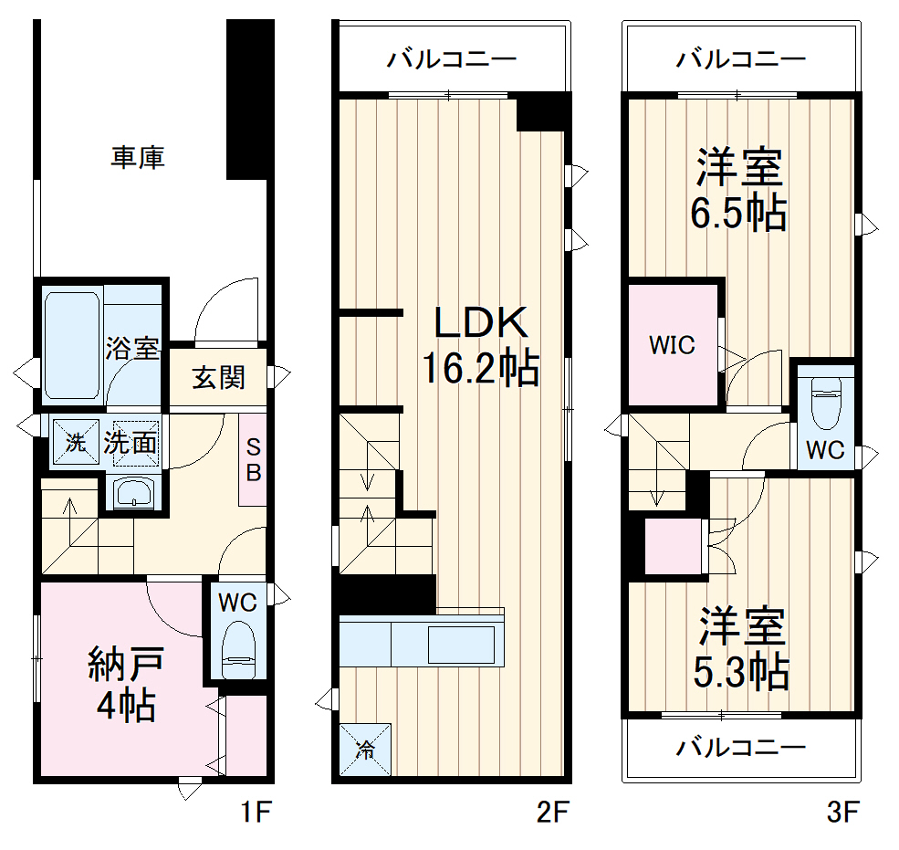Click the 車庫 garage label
pyautogui.click(x=138, y=158)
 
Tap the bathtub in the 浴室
pyautogui.click(x=71, y=345)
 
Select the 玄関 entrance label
pyautogui.click(x=219, y=378)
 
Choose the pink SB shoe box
pyautogui.click(x=253, y=460)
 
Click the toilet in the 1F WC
pyautogui.click(x=239, y=646)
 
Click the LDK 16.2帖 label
pyautogui.click(x=479, y=346)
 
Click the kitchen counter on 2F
pyautogui.click(x=422, y=644)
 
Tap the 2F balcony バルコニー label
pyautogui.click(x=452, y=60)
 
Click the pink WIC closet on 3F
pyautogui.click(x=673, y=346)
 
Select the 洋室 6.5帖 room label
pyautogui.click(x=740, y=191)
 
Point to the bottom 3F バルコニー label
pyautogui.click(x=741, y=749)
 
